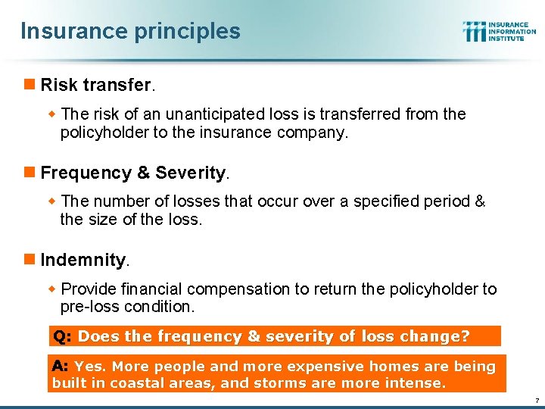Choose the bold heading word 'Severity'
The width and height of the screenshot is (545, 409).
coord(191,173)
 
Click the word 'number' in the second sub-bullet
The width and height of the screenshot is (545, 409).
coord(118,202)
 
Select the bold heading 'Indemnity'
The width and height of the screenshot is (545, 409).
coord(83,260)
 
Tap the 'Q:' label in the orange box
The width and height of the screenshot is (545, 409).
coord(62,336)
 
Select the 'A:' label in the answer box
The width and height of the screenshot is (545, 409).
coord(61,367)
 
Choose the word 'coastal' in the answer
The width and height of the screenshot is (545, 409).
coord(136,383)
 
